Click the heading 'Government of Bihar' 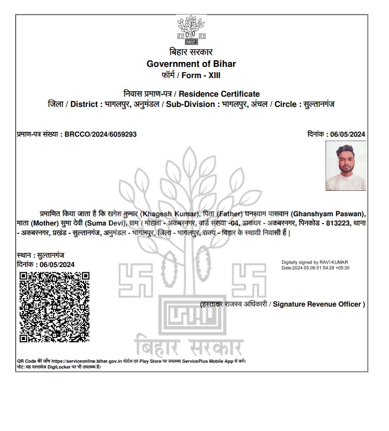[x=191, y=64]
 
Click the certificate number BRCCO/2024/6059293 [x=101, y=134]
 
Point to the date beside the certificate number [x=348, y=134]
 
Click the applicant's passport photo [x=346, y=166]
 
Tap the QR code [x=55, y=307]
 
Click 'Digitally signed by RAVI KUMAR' [x=315, y=263]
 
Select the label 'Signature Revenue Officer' [x=317, y=304]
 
